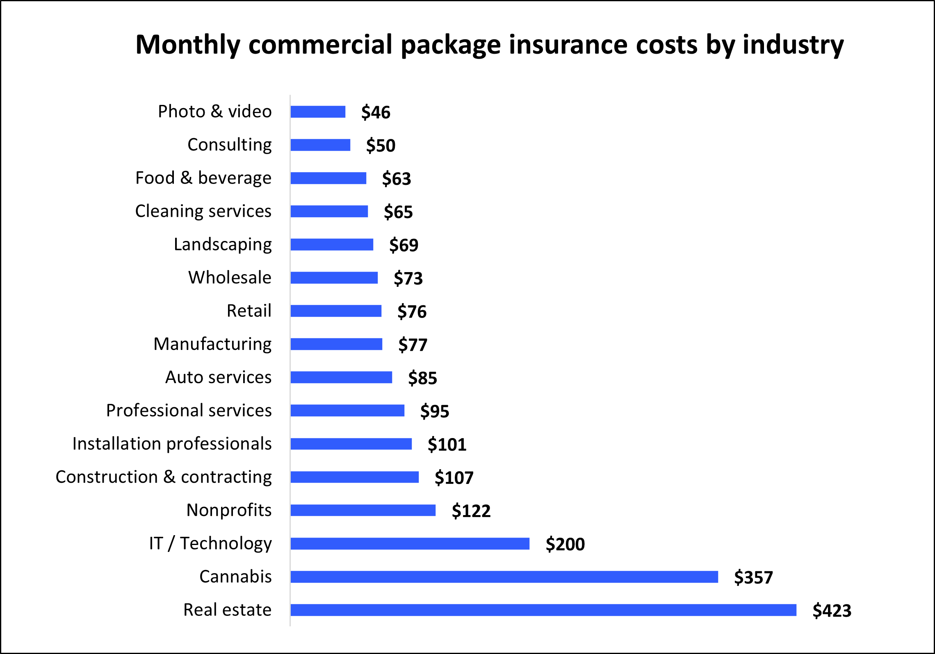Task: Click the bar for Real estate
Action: coord(543,610)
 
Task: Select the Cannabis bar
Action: coord(504,577)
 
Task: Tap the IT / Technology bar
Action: coord(410,543)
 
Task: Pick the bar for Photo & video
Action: coord(318,111)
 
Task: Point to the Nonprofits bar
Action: coord(363,510)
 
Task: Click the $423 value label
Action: coord(832,611)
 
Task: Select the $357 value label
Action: coord(753,577)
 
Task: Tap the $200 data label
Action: coord(565,544)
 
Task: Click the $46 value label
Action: coord(376,112)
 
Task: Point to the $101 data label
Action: coord(447,445)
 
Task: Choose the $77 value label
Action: coord(413,345)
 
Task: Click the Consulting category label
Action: coord(229,145)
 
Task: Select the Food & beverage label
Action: coord(203,178)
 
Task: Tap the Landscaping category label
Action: coord(223,245)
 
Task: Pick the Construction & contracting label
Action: coord(164,477)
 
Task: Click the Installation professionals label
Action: coord(172,444)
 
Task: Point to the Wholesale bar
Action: coord(334,277)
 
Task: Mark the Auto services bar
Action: coord(341,377)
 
